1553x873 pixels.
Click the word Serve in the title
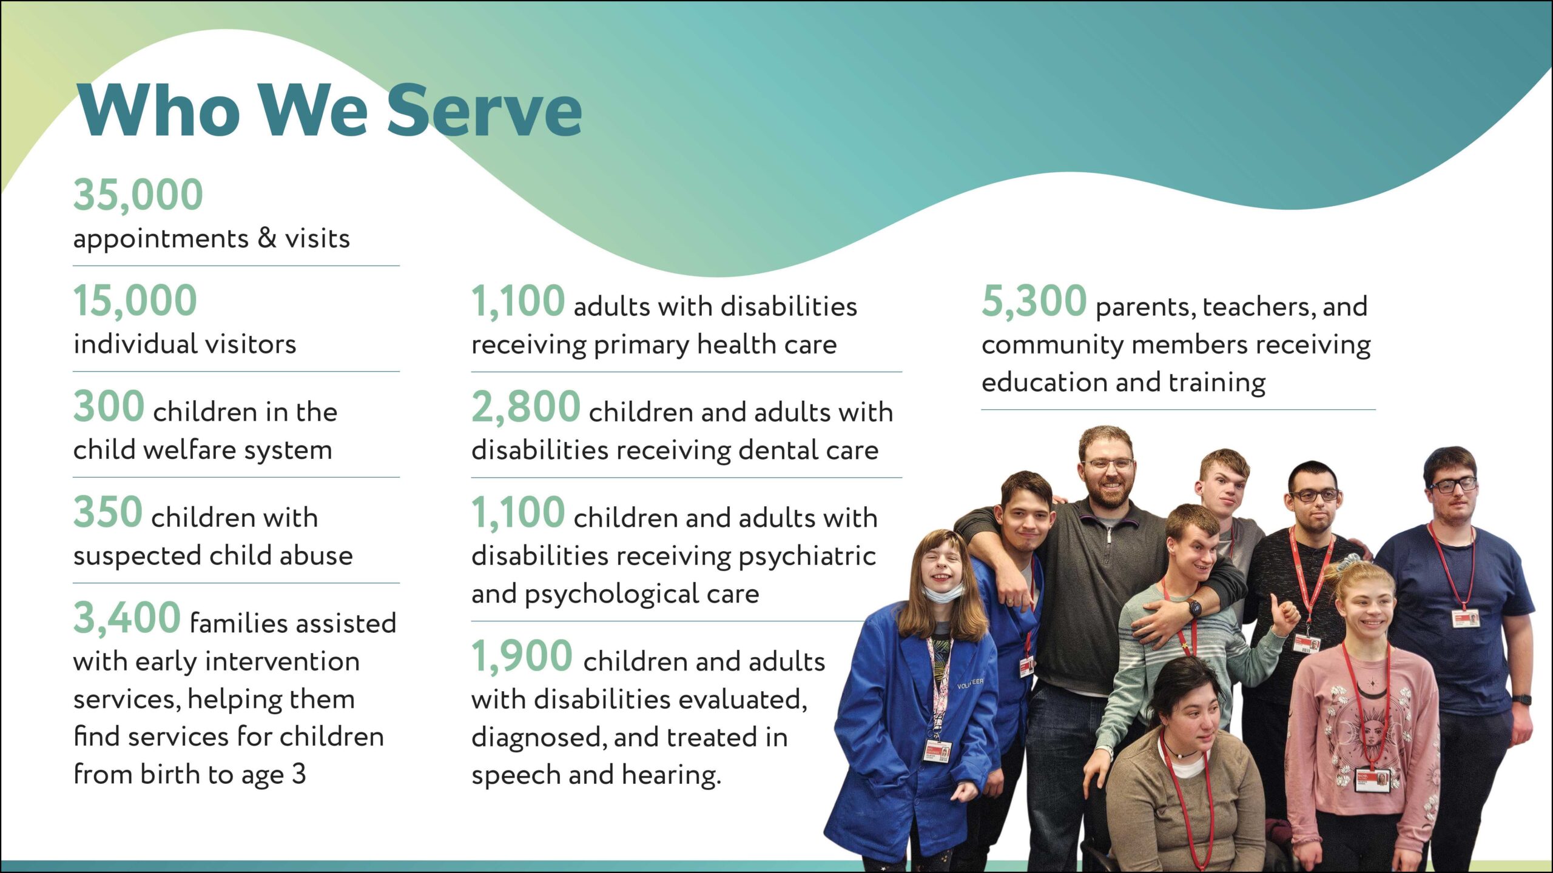[x=484, y=110]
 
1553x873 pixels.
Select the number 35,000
[x=138, y=195]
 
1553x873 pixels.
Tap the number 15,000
[x=135, y=301]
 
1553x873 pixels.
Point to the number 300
[x=109, y=406]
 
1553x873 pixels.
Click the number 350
[x=108, y=512]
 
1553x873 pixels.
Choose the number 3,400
[x=127, y=618]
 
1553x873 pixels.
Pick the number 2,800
[x=527, y=407]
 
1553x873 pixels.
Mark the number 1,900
[x=522, y=656]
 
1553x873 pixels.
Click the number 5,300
[x=1034, y=301]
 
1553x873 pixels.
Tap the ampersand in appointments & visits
[x=267, y=238]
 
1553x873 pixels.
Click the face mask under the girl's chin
[x=943, y=592]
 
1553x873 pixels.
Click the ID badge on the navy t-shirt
[x=1466, y=619]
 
